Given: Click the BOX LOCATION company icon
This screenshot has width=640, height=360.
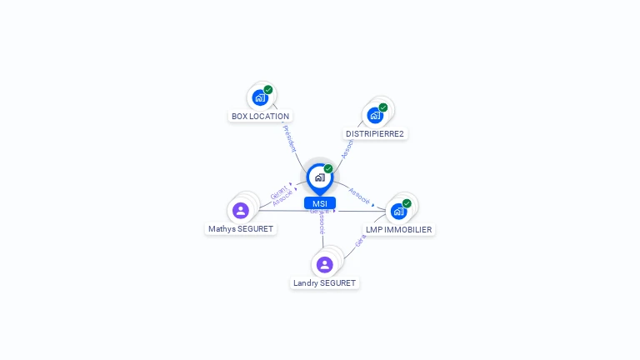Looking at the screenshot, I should tap(260, 98).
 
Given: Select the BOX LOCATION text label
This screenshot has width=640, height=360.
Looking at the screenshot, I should tap(261, 117).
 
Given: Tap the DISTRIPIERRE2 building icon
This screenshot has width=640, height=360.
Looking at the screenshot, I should tap(375, 115).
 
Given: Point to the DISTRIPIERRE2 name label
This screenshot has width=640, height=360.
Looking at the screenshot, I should tap(375, 133).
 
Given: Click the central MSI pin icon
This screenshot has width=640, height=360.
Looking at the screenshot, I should tap(319, 177).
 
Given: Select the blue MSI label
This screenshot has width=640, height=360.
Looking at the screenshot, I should tap(319, 203).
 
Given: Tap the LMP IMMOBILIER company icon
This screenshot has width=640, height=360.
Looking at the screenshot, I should tap(398, 211).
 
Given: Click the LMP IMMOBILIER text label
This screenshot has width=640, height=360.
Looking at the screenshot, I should tap(399, 229).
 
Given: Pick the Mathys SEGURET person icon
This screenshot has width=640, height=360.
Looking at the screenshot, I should tap(241, 211).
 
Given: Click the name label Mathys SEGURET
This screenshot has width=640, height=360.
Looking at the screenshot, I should tap(241, 229).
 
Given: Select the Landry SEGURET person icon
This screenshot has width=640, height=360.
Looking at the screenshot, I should tap(324, 265).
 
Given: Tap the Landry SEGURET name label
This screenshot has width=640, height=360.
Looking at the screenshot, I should tap(324, 283).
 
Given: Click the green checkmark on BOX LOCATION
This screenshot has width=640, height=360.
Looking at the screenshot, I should tap(268, 90).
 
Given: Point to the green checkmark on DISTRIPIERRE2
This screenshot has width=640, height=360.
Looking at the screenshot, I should tap(383, 107).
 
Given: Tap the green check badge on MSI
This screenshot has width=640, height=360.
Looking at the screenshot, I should tap(328, 168).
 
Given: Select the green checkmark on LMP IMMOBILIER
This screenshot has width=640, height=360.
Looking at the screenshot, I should tap(407, 202).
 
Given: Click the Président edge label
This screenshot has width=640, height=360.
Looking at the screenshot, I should tap(289, 137).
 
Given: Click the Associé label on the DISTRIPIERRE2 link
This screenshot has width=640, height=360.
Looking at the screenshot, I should tap(347, 147).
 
